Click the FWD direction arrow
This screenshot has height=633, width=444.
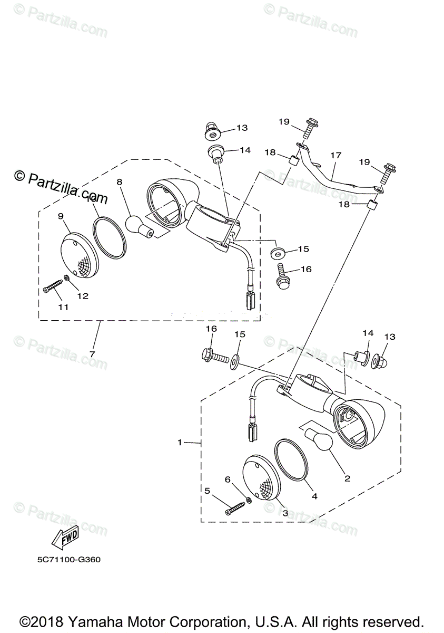[x=64, y=536]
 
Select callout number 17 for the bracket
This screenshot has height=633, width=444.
[x=336, y=156]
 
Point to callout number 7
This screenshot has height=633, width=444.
[x=93, y=354]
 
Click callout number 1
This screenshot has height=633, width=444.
[x=179, y=442]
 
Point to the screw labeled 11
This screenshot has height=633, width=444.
[x=53, y=287]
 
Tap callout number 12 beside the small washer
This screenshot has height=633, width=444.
[x=83, y=296]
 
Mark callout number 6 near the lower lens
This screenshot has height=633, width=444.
[x=228, y=479]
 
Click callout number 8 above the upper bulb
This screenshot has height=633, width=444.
[x=120, y=181]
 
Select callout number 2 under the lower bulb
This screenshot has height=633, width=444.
[x=347, y=479]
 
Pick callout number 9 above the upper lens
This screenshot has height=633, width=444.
[x=61, y=216]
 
